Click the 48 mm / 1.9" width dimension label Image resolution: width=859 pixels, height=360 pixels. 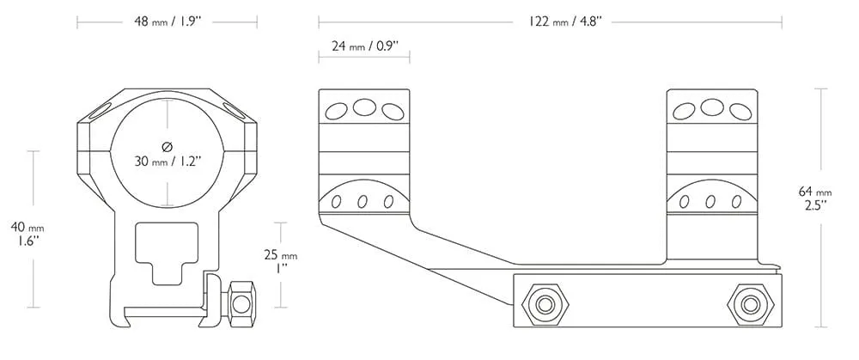168,22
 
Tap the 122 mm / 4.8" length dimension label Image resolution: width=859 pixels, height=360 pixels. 565,22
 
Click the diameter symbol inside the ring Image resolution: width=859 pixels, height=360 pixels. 168,146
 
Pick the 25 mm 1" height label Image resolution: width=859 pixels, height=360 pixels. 281,262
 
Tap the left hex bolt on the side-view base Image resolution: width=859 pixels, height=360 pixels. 546,304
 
